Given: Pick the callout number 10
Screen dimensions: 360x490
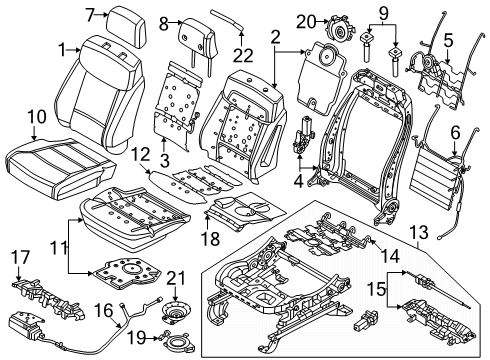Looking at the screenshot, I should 34,118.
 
